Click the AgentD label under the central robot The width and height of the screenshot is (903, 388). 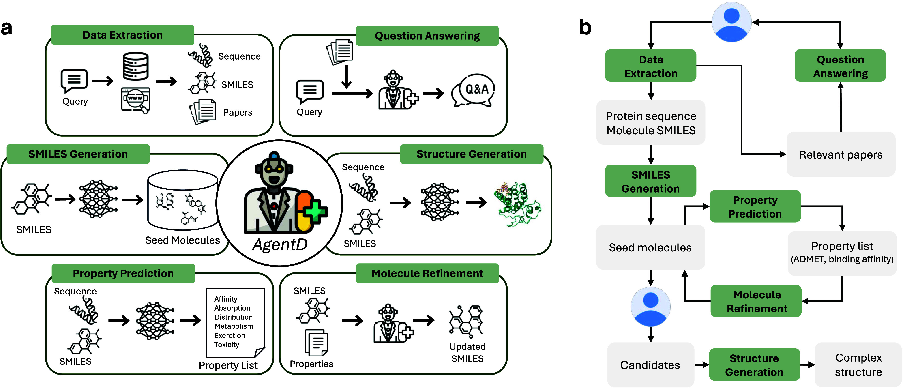point(280,244)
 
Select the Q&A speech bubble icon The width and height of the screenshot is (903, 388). point(473,90)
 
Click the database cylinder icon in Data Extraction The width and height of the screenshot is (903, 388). point(136,66)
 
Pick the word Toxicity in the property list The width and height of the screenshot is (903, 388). point(227,345)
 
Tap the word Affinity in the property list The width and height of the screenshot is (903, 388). point(226,299)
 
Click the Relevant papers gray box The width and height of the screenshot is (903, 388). point(841,154)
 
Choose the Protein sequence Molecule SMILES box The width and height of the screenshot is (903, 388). point(651,123)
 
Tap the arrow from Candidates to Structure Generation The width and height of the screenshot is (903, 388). point(701,365)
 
